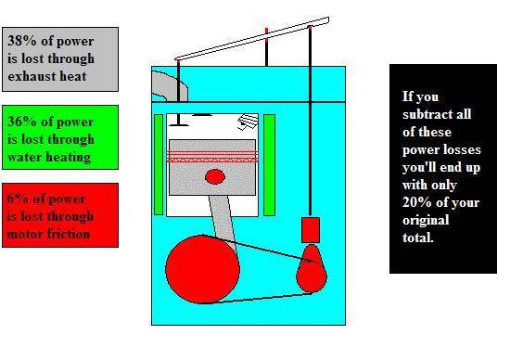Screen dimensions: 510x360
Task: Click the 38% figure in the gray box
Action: click(22, 41)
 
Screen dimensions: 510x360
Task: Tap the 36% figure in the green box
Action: click(22, 122)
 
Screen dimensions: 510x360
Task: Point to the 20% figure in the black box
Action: click(417, 202)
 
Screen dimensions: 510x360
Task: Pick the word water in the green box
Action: click(26, 157)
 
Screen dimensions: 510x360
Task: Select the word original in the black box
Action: click(426, 221)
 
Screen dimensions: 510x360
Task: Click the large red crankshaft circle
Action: click(202, 269)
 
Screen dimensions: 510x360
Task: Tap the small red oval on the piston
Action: click(215, 176)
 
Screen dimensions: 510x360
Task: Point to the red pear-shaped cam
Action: click(312, 269)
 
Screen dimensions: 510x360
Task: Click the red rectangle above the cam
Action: click(311, 230)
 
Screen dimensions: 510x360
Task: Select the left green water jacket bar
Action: click(159, 165)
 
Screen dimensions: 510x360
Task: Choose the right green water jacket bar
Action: click(269, 165)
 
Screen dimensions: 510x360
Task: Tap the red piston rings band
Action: click(212, 157)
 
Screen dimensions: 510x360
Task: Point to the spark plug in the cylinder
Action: click(248, 122)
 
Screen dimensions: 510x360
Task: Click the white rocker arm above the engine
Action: click(252, 39)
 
